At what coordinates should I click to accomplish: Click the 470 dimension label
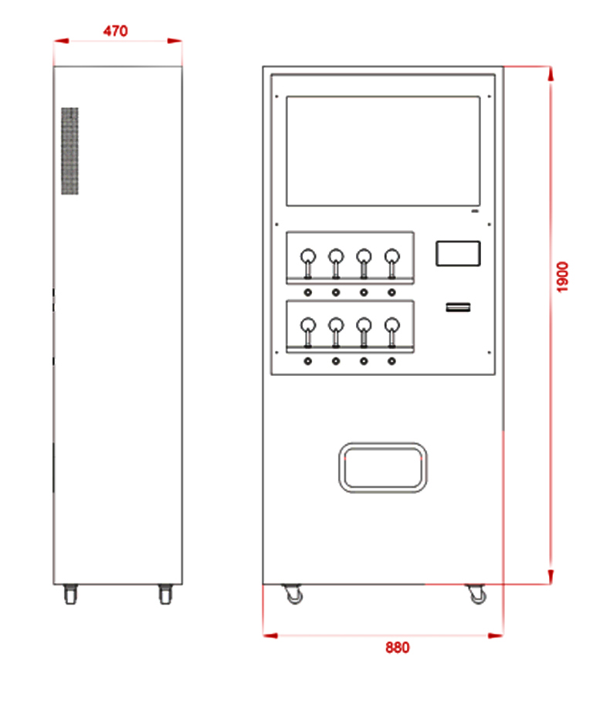tap(116, 31)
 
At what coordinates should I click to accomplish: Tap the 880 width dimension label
tap(398, 648)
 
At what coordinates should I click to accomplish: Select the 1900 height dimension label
tap(562, 277)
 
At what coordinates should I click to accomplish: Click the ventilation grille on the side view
tap(69, 151)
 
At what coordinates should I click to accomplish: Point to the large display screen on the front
tap(383, 151)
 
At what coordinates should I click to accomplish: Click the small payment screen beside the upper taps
tap(458, 254)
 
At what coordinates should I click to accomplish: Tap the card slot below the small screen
tap(458, 307)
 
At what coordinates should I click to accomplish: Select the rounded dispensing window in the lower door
tap(383, 467)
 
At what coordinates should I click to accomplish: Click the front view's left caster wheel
tap(293, 594)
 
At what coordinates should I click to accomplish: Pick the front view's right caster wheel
tap(477, 594)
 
